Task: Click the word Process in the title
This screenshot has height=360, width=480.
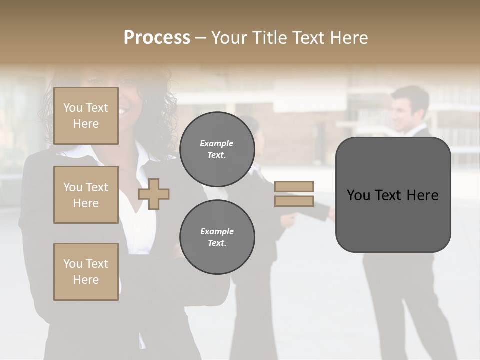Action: [x=157, y=38]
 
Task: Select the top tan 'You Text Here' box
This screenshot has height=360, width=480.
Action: [x=86, y=116]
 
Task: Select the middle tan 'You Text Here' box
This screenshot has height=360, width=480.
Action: [x=86, y=195]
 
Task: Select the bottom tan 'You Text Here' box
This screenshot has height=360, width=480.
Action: [x=86, y=272]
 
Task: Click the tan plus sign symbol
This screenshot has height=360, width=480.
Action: [x=154, y=194]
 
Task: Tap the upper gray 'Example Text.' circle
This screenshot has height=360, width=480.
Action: [x=217, y=149]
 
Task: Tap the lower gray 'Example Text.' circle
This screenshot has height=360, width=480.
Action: [x=217, y=237]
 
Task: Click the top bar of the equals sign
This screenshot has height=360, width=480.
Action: [x=294, y=186]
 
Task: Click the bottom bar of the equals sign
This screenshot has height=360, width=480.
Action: [x=294, y=201]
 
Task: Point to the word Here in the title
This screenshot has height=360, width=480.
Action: [x=349, y=38]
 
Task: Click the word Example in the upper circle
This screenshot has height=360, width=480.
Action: [x=217, y=143]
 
